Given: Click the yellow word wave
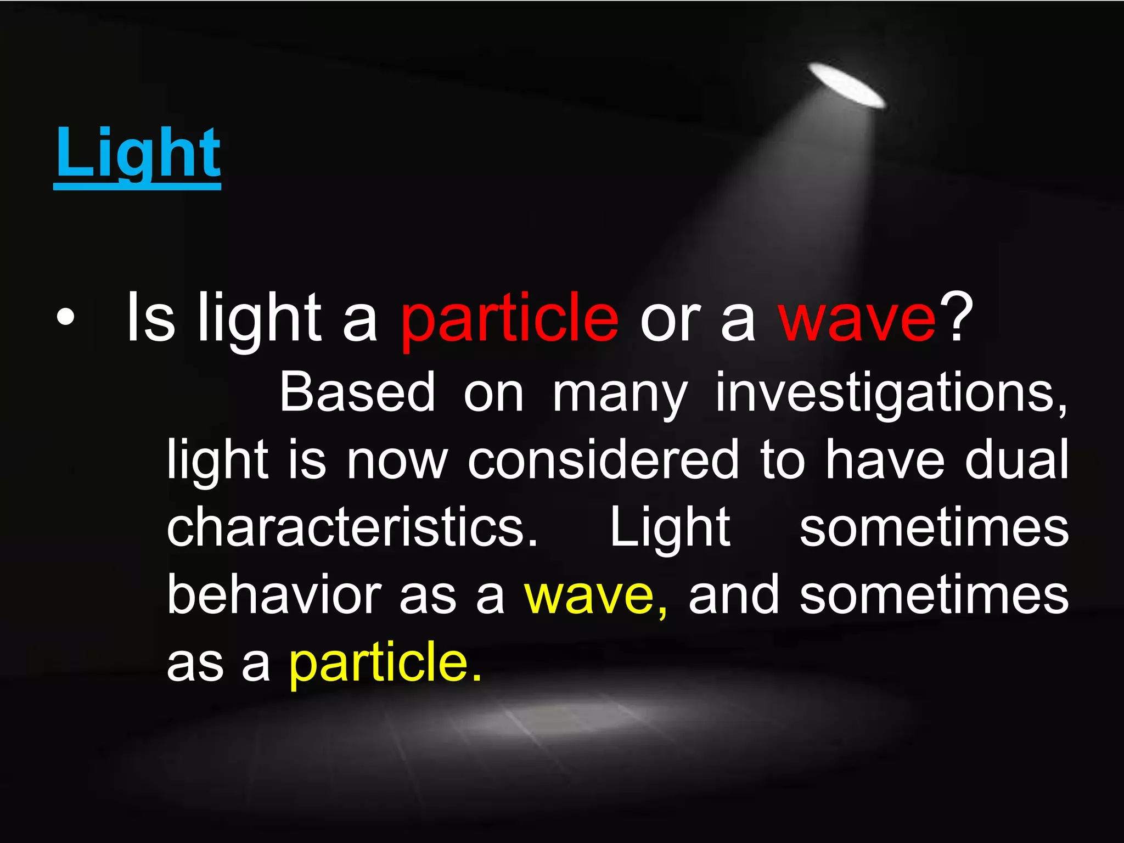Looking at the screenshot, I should [595, 597].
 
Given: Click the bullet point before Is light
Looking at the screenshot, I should [65, 319].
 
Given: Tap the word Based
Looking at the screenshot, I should [357, 392].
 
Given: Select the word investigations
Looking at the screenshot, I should [891, 393].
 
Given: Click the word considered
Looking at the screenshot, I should [603, 460].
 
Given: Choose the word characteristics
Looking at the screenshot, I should [352, 527].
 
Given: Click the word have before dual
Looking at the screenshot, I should [885, 460].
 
